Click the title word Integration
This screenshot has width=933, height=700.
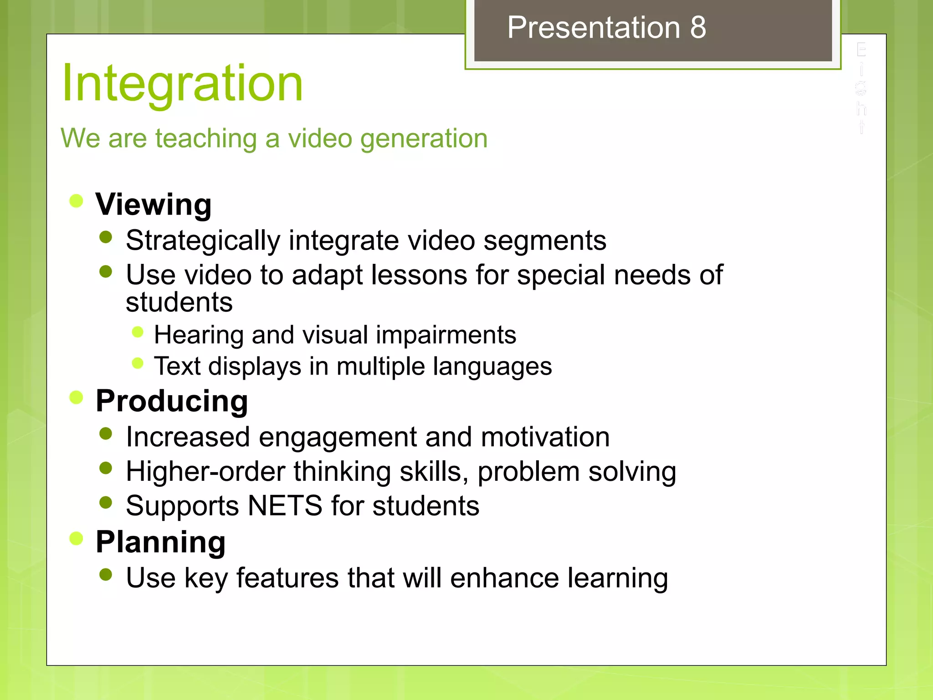(x=182, y=83)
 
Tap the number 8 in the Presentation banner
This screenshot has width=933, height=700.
(x=697, y=27)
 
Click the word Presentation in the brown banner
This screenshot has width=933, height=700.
(x=594, y=27)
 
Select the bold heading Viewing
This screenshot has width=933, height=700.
(x=154, y=204)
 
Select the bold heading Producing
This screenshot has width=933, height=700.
(x=172, y=401)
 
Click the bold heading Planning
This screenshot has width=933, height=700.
(x=160, y=542)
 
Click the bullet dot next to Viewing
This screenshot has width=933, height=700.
(x=76, y=201)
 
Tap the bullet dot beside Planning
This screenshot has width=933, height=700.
(x=76, y=539)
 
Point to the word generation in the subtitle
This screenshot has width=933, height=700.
(x=424, y=139)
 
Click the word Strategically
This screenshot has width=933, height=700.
(x=203, y=241)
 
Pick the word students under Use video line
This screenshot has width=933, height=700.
(x=179, y=302)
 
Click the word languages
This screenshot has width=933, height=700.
(x=492, y=366)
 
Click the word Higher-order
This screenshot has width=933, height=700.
(x=205, y=471)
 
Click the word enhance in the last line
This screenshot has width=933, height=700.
(x=504, y=578)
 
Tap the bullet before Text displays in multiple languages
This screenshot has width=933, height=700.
(x=138, y=363)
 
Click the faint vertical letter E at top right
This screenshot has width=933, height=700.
(x=861, y=50)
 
